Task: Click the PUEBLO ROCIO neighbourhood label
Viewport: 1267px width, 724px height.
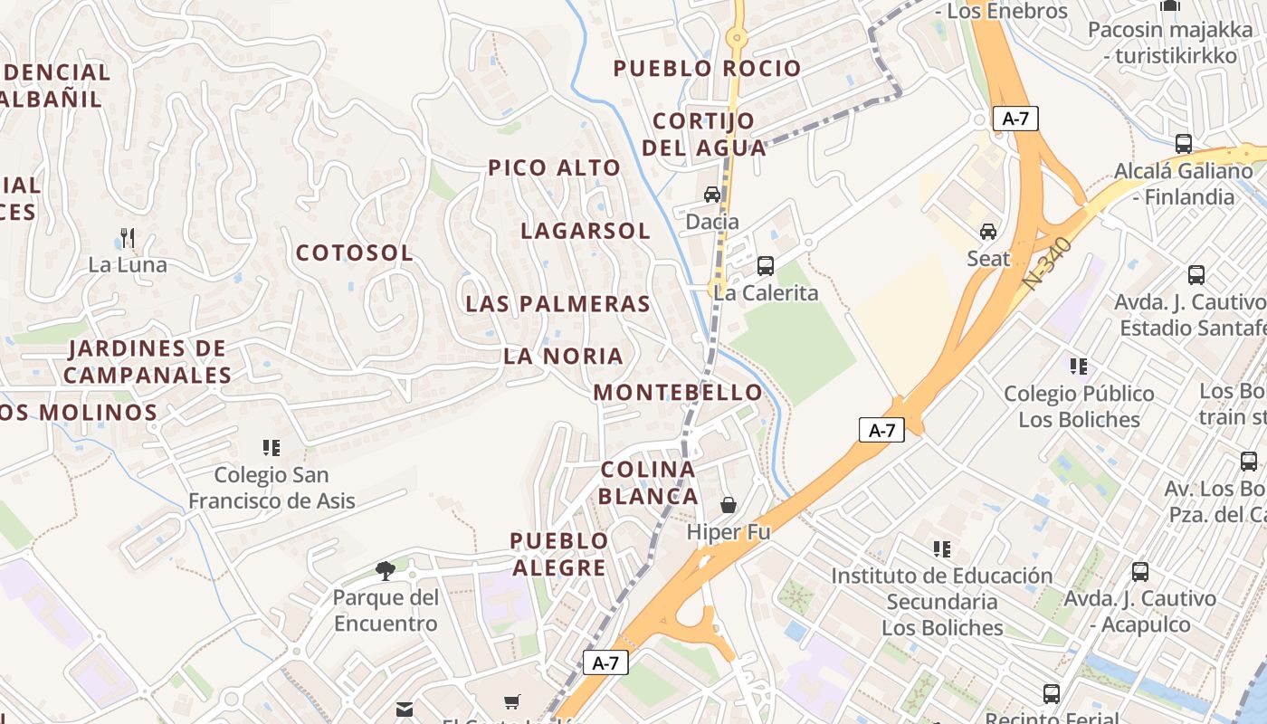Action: tap(707, 69)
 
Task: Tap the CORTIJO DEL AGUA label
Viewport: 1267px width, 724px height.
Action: tap(703, 134)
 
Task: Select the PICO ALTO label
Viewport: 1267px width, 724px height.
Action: tap(554, 167)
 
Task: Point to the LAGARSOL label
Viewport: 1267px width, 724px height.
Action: tap(586, 231)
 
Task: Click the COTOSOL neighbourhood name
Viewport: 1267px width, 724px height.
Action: tap(354, 253)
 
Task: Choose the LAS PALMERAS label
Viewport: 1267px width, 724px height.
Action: tap(557, 304)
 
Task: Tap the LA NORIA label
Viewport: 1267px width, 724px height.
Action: tap(563, 357)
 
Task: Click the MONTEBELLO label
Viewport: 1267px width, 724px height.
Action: tap(678, 393)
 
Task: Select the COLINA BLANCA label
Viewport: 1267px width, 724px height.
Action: tap(648, 482)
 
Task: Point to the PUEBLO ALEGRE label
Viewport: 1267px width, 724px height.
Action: tap(558, 554)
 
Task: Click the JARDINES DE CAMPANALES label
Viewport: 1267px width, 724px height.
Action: tap(148, 361)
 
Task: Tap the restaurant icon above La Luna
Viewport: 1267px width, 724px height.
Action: tap(128, 238)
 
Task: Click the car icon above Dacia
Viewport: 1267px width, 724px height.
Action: tap(712, 195)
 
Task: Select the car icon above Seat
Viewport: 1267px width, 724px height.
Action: tap(988, 232)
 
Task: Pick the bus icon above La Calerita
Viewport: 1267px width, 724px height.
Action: tap(766, 266)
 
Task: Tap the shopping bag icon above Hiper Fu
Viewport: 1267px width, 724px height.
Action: tap(729, 505)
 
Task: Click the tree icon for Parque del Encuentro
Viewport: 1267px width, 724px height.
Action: tap(386, 571)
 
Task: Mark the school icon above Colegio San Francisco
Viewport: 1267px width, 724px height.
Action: tap(271, 448)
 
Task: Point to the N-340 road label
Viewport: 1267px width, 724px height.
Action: tap(1048, 264)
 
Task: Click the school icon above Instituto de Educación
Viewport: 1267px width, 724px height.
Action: tap(942, 549)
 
